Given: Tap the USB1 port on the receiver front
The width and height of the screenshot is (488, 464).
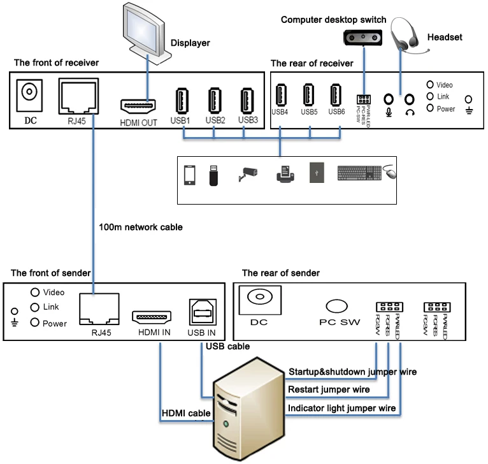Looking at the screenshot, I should tap(182, 101).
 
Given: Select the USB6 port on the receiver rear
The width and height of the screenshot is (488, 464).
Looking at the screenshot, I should tap(336, 95).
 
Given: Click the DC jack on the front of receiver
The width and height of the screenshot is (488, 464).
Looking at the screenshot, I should tap(28, 93).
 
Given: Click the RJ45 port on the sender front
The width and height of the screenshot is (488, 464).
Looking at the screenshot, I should tap(98, 309).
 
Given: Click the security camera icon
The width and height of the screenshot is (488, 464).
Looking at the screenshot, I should tap(247, 174).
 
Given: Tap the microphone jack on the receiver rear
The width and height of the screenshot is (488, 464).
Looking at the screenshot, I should tap(388, 100).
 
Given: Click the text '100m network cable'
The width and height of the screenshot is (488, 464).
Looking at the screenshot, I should tap(141, 226).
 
